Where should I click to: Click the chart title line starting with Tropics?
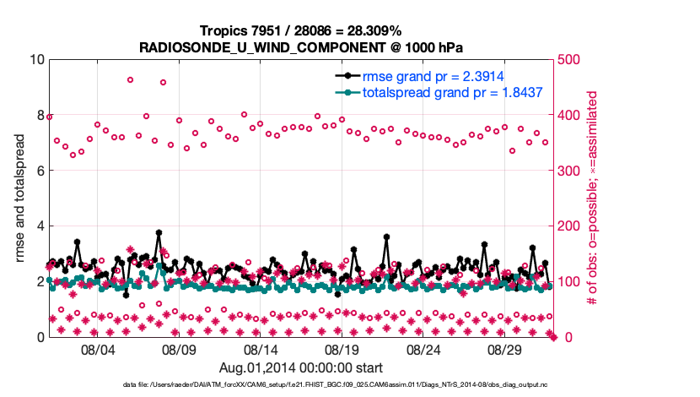point(301,30)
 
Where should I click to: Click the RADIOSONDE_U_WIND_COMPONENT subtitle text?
point(301,47)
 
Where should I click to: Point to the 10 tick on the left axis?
point(36,60)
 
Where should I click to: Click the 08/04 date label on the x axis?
point(97,349)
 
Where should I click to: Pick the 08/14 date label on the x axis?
point(261,349)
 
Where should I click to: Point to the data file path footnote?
point(349,385)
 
